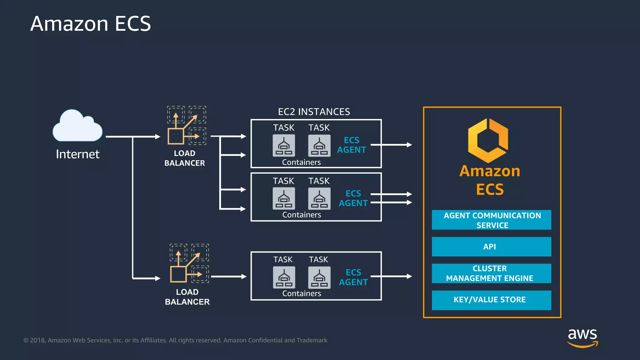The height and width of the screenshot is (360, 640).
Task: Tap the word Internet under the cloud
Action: pos(77,154)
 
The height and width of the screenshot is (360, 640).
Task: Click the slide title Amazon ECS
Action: pos(90,24)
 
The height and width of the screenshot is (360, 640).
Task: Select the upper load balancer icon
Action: pos(186,126)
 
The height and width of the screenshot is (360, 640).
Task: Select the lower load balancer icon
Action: pos(189,264)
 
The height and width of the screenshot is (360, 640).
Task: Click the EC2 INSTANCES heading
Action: pos(314,112)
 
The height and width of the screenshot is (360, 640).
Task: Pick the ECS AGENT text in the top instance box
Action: pos(352,145)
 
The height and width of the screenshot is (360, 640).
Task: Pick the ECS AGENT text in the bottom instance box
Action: pos(353,277)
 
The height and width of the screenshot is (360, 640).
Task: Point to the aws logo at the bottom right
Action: pos(582,337)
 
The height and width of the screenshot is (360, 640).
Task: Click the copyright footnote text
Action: pos(175,340)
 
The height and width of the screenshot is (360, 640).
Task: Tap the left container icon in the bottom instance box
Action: pos(284,277)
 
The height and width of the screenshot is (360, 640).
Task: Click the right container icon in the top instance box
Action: pos(319,146)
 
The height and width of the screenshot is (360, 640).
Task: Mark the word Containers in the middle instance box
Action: pos(302,215)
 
